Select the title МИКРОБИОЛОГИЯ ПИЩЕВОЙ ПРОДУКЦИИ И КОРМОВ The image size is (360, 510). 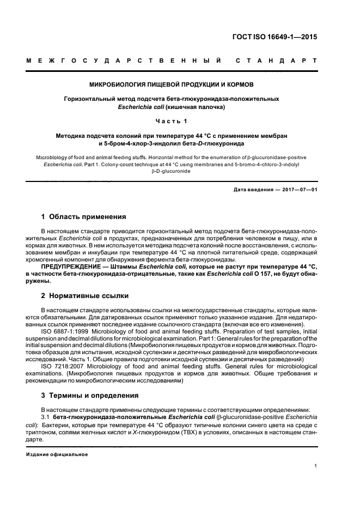[172, 85]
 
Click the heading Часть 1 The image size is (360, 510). [172, 121]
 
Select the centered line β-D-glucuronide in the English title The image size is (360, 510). [172, 170]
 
